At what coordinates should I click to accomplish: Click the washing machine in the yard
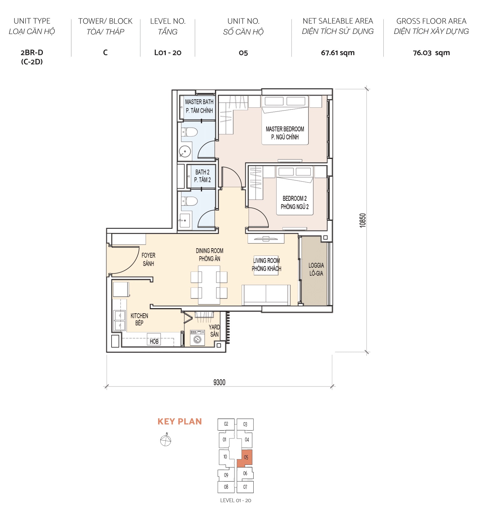pyautogui.click(x=197, y=338)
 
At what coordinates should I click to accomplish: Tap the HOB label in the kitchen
pyautogui.click(x=154, y=341)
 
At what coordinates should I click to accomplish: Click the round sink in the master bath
pyautogui.click(x=185, y=152)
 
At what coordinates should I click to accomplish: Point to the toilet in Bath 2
pyautogui.click(x=190, y=201)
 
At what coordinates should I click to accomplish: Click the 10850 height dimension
pyautogui.click(x=363, y=220)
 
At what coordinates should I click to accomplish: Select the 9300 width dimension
pyautogui.click(x=219, y=382)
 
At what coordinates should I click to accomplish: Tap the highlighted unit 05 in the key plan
pyautogui.click(x=245, y=458)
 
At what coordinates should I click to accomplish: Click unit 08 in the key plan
pyautogui.click(x=226, y=487)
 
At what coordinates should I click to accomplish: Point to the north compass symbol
pyautogui.click(x=166, y=440)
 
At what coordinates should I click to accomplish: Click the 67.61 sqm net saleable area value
pyautogui.click(x=337, y=53)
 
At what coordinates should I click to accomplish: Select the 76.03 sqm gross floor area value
pyautogui.click(x=431, y=53)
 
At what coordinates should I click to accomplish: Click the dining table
pyautogui.click(x=209, y=285)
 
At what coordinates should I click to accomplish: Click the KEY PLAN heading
pyautogui.click(x=180, y=422)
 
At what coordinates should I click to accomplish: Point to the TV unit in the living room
pyautogui.click(x=265, y=239)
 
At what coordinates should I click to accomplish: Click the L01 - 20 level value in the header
pyautogui.click(x=168, y=53)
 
